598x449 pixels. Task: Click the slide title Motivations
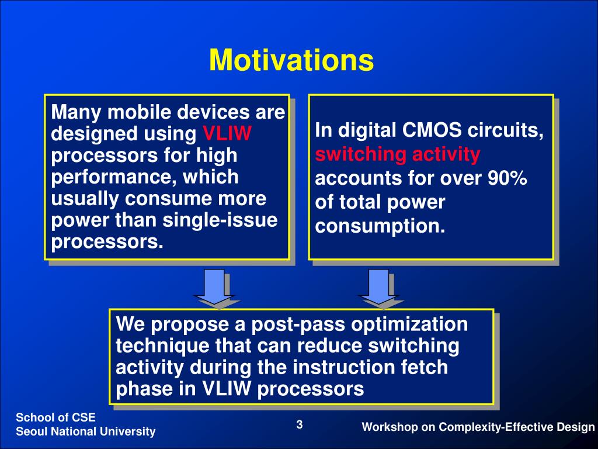[291, 60]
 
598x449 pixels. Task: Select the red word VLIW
[227, 134]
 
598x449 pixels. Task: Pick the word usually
[85, 199]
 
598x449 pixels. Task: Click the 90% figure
[507, 178]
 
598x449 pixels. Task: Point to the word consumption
[380, 226]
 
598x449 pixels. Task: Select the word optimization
[409, 324]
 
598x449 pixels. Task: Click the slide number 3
[300, 424]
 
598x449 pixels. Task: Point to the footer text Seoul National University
[85, 431]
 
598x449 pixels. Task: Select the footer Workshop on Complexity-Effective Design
[478, 427]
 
